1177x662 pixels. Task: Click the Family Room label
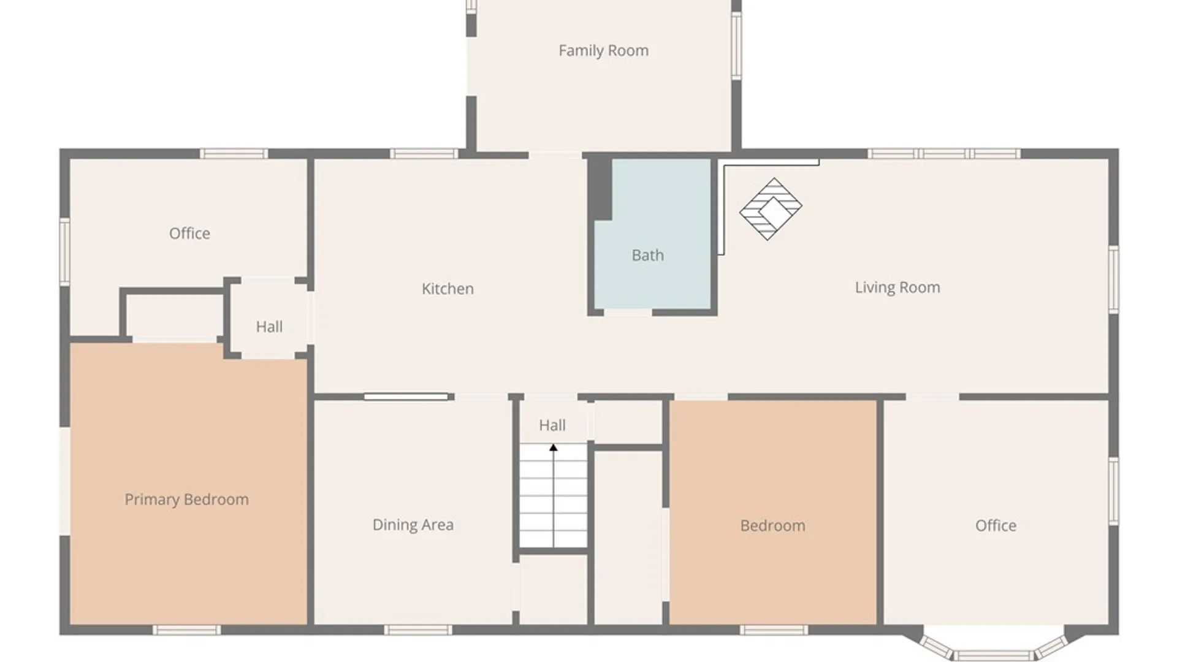click(x=603, y=50)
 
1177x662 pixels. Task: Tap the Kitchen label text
click(x=448, y=289)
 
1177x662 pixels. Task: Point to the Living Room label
click(x=897, y=287)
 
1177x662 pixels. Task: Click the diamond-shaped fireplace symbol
click(x=771, y=209)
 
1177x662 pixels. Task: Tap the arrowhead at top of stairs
click(x=553, y=448)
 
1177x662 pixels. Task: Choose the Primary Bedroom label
click(x=186, y=500)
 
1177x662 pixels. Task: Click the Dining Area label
click(x=413, y=525)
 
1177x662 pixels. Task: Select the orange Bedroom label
click(x=772, y=526)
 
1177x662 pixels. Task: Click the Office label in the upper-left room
click(x=189, y=234)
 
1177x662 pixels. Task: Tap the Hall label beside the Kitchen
click(x=269, y=327)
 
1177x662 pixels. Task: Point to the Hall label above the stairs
click(x=552, y=425)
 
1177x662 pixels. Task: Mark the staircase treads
click(x=554, y=495)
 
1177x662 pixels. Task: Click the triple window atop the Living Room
click(x=944, y=153)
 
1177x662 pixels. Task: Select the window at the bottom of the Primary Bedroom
click(x=186, y=630)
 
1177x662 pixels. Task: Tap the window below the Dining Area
click(x=418, y=630)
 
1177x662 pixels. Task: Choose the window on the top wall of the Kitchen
click(x=424, y=153)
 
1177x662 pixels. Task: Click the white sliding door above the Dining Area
click(x=406, y=397)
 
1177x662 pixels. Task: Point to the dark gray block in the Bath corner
click(x=601, y=189)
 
